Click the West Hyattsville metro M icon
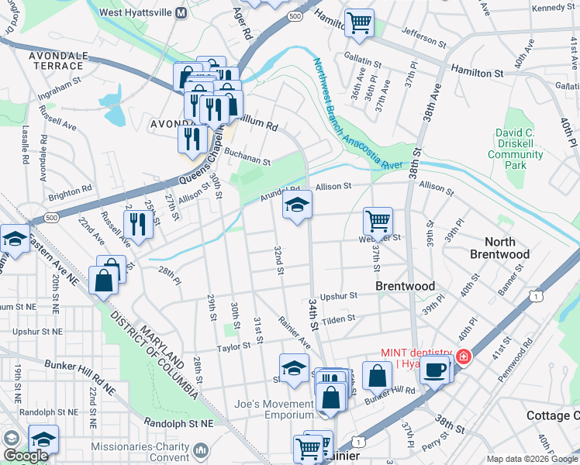181,13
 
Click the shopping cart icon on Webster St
378,220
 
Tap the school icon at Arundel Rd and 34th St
296,205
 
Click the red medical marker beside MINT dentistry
463,356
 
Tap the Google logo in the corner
26,456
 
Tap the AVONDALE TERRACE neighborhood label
58,62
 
